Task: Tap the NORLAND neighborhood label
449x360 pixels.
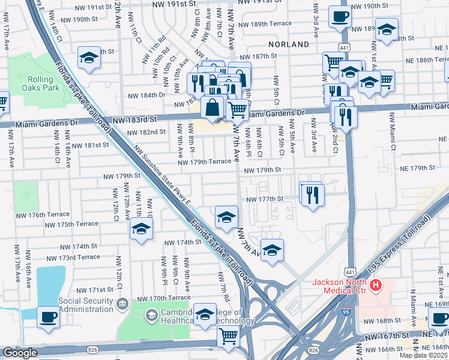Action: click(292, 44)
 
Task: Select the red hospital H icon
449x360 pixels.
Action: click(376, 285)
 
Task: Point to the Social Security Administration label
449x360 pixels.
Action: click(85, 305)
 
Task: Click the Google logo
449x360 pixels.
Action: click(20, 353)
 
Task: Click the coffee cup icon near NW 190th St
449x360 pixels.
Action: click(340, 17)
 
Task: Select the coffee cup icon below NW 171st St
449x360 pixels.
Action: click(48, 316)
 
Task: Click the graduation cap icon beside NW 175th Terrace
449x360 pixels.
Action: click(141, 229)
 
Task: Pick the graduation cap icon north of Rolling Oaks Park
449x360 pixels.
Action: click(89, 58)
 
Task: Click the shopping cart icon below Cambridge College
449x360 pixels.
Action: click(228, 338)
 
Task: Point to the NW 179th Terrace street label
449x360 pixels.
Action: click(203, 161)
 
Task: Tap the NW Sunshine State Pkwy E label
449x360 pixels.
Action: click(162, 178)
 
